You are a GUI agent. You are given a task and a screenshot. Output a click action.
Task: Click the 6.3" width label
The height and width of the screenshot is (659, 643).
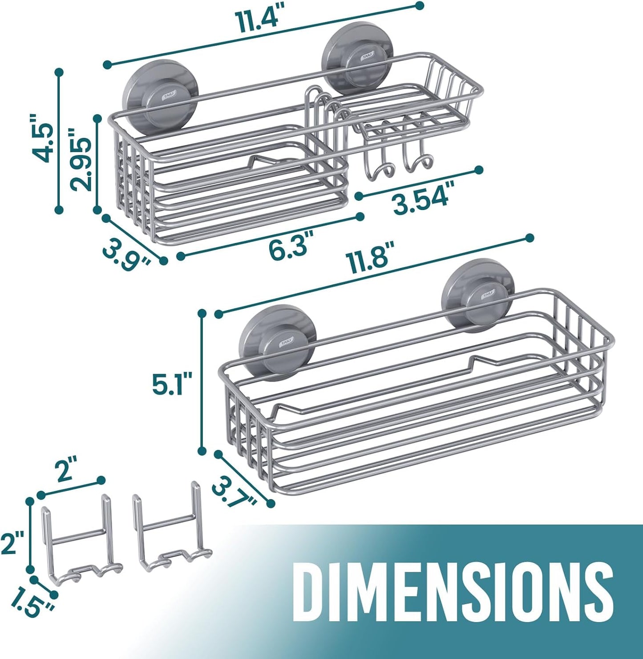[x=288, y=244]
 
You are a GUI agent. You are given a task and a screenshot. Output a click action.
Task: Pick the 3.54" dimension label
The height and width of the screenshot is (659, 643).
[x=421, y=197]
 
